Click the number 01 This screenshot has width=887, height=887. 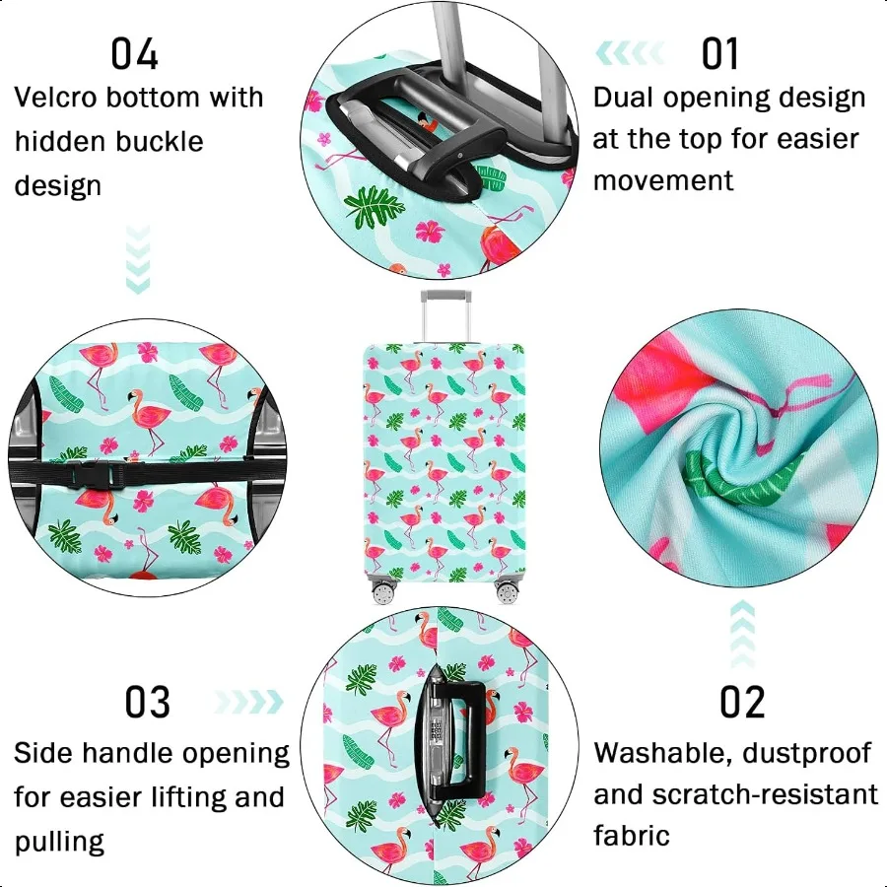[x=719, y=54]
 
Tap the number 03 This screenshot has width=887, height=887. [x=148, y=703]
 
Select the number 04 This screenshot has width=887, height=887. [x=135, y=54]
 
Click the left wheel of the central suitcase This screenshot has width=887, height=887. [x=382, y=592]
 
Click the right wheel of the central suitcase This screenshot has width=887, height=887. [x=508, y=592]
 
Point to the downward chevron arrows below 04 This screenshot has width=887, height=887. [x=139, y=259]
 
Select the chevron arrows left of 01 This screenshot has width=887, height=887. [x=632, y=52]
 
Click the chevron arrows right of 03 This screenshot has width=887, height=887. [x=246, y=702]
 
